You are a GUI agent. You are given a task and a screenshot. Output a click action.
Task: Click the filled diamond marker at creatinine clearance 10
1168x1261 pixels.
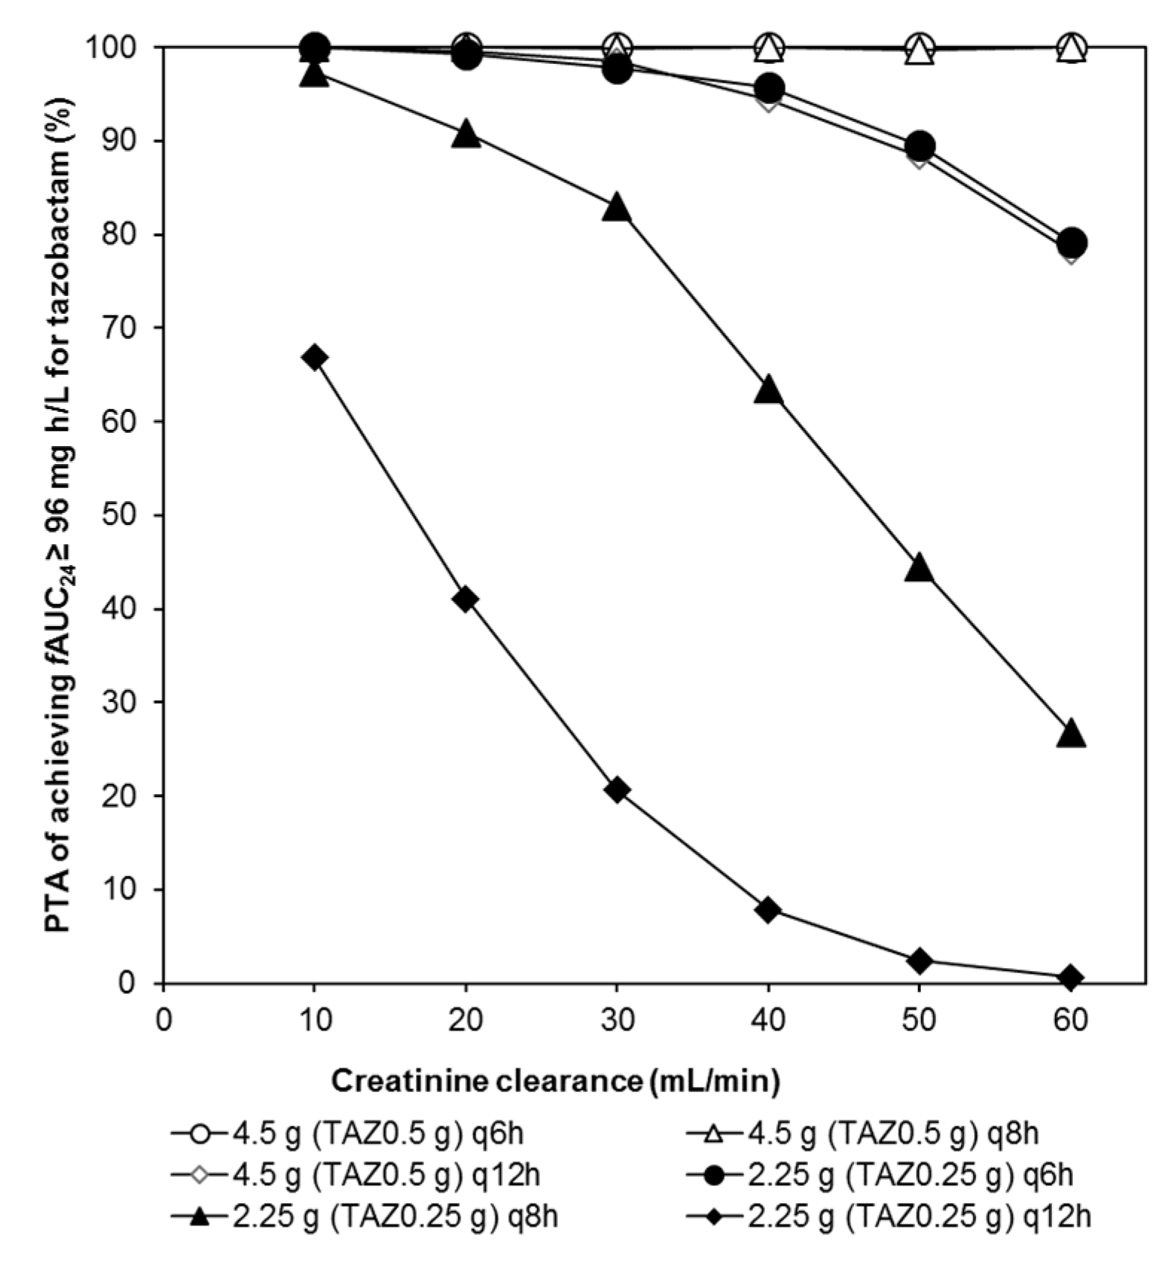click(x=314, y=357)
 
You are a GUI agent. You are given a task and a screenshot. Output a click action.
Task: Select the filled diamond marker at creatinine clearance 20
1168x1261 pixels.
click(x=466, y=599)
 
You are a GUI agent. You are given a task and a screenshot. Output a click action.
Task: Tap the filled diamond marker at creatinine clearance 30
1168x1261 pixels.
click(x=617, y=790)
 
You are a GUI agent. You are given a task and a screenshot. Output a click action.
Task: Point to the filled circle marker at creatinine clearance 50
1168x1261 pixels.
click(x=920, y=145)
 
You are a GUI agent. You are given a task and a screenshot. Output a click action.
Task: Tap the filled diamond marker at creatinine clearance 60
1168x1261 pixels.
click(x=1071, y=978)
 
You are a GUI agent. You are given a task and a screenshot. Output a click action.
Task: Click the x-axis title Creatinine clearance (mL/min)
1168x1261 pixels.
click(x=555, y=1080)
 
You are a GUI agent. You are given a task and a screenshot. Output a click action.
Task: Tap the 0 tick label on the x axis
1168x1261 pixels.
click(x=163, y=1019)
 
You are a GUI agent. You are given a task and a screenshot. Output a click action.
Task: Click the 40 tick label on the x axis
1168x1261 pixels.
click(x=768, y=1019)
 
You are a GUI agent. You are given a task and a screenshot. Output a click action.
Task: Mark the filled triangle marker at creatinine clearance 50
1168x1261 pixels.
click(x=920, y=568)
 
